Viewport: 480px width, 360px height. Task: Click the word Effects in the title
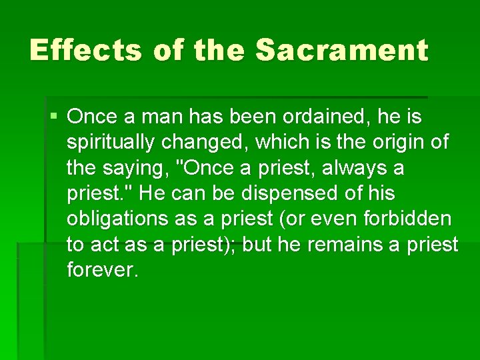pyautogui.click(x=86, y=51)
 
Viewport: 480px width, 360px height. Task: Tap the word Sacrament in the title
pyautogui.click(x=341, y=51)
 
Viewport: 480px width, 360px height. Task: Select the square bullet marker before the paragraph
pyautogui.click(x=53, y=117)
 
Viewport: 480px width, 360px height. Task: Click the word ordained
pyautogui.click(x=323, y=117)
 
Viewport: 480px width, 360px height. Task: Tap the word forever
pyautogui.click(x=103, y=270)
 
